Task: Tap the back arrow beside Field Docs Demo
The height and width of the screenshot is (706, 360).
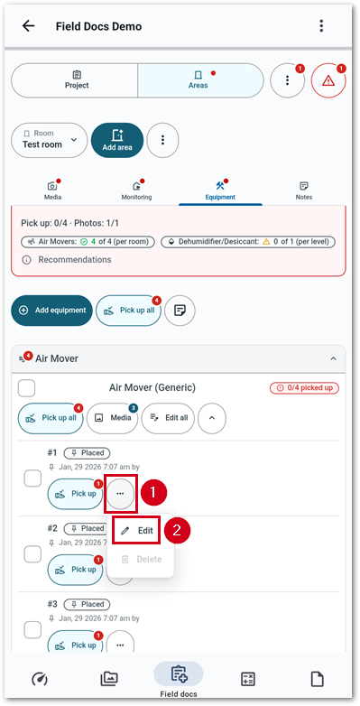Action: (x=29, y=25)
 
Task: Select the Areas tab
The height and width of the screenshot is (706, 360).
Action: (x=198, y=80)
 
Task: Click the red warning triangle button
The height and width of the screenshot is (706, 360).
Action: (x=328, y=80)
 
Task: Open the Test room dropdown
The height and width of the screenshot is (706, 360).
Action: (x=50, y=140)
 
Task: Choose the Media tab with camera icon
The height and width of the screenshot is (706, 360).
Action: (x=53, y=190)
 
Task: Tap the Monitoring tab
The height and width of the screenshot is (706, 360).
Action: (x=136, y=190)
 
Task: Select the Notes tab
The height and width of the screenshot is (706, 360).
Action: (x=303, y=190)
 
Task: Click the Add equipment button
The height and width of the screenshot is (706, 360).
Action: (x=52, y=311)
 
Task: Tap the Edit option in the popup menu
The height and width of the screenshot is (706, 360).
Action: (x=137, y=531)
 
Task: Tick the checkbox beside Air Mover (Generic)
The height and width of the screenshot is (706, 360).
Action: (x=27, y=388)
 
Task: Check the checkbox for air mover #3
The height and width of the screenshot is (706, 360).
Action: (x=32, y=629)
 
